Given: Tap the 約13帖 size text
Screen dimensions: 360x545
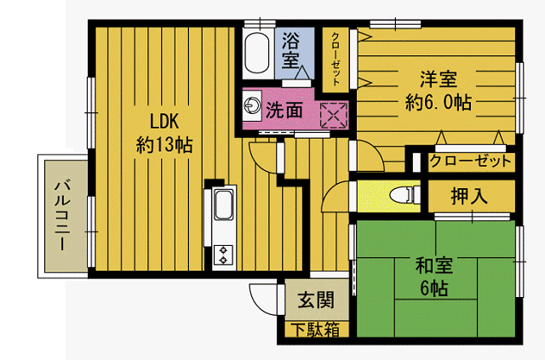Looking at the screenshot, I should (x=164, y=145).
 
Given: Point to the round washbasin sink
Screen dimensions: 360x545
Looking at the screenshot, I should (x=252, y=106).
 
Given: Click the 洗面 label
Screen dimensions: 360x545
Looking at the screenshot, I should (x=284, y=110).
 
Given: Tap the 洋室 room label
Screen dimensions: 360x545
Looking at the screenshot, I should (x=438, y=79).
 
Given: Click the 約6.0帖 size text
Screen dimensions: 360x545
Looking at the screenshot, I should (x=438, y=102).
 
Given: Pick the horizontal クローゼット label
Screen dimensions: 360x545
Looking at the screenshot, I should (x=470, y=161).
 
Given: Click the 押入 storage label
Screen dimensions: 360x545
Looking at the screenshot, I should (x=469, y=197).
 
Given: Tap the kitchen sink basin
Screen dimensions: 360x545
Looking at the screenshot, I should (x=223, y=205).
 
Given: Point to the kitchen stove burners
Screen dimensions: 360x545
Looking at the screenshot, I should (x=224, y=252).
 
